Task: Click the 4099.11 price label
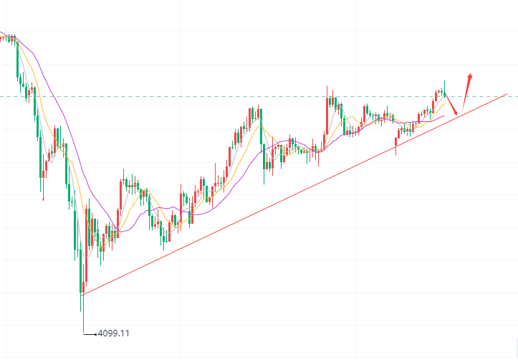[x=114, y=333]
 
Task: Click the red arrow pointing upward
[x=466, y=90]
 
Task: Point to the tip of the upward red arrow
[x=470, y=73]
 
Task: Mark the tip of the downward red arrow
[x=456, y=113]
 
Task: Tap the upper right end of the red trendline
[x=507, y=94]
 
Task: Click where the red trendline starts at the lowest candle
[x=83, y=294]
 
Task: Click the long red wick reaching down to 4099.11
[x=83, y=316]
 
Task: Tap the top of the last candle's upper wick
[x=444, y=81]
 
